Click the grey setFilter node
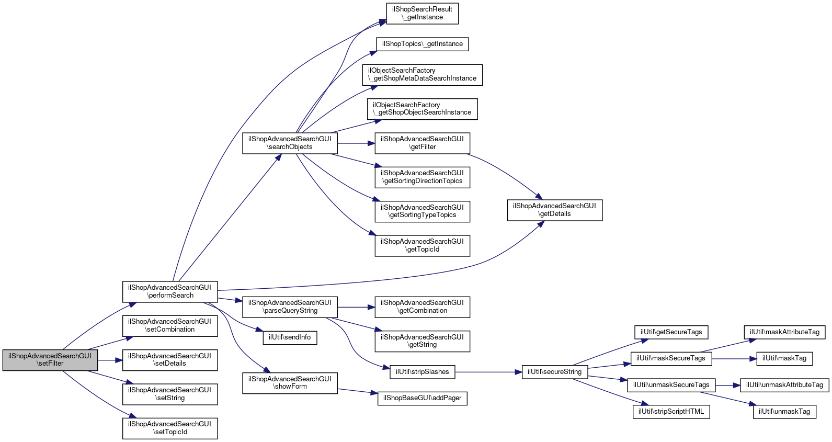tap(50, 360)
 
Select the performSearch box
tap(170, 291)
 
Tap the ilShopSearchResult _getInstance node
tap(423, 14)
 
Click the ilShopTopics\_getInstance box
tap(423, 44)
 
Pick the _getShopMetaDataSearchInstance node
tap(423, 75)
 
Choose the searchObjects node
tap(290, 143)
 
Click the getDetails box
tap(555, 210)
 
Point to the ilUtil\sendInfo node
tap(290, 337)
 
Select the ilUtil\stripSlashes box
tap(423, 372)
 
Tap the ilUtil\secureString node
tap(555, 372)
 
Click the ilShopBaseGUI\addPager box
tap(423, 399)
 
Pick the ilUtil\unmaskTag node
tap(784, 412)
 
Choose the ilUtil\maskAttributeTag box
tap(784, 333)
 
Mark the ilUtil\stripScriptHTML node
tap(671, 412)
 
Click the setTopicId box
tap(170, 428)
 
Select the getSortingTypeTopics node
tap(423, 211)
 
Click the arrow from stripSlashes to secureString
tap(488, 372)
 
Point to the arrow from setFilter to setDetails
tap(110, 360)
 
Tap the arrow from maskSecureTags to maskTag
tap(734, 359)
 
